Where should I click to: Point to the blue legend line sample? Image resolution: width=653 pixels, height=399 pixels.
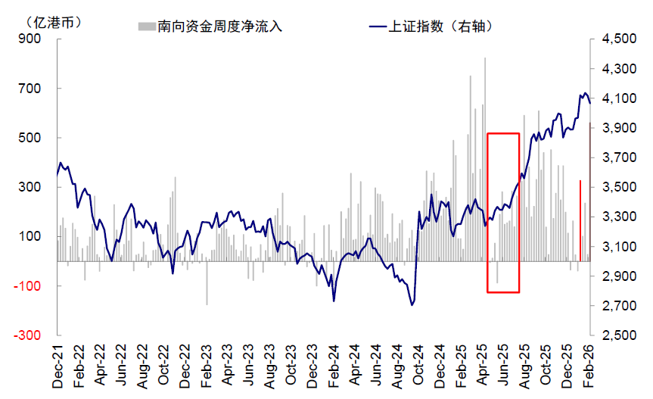point(376,26)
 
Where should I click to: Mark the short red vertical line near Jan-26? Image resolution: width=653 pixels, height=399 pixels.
point(580,220)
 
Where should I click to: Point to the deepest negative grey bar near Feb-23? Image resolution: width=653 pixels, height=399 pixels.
point(207,283)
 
